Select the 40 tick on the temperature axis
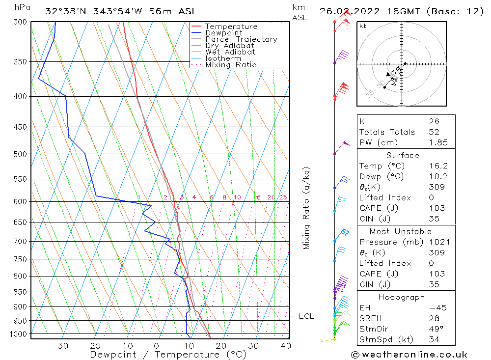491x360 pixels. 285,345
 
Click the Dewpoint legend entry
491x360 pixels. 223,33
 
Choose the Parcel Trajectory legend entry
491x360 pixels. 241,39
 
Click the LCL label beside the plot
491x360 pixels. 306,316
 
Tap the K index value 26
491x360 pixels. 434,121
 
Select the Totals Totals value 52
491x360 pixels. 434,132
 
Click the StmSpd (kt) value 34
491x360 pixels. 434,339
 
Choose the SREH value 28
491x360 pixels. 434,318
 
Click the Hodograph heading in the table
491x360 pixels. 402,297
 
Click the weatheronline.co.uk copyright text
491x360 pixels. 409,355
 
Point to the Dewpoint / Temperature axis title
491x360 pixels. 168,354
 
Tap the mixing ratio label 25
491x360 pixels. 283,197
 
